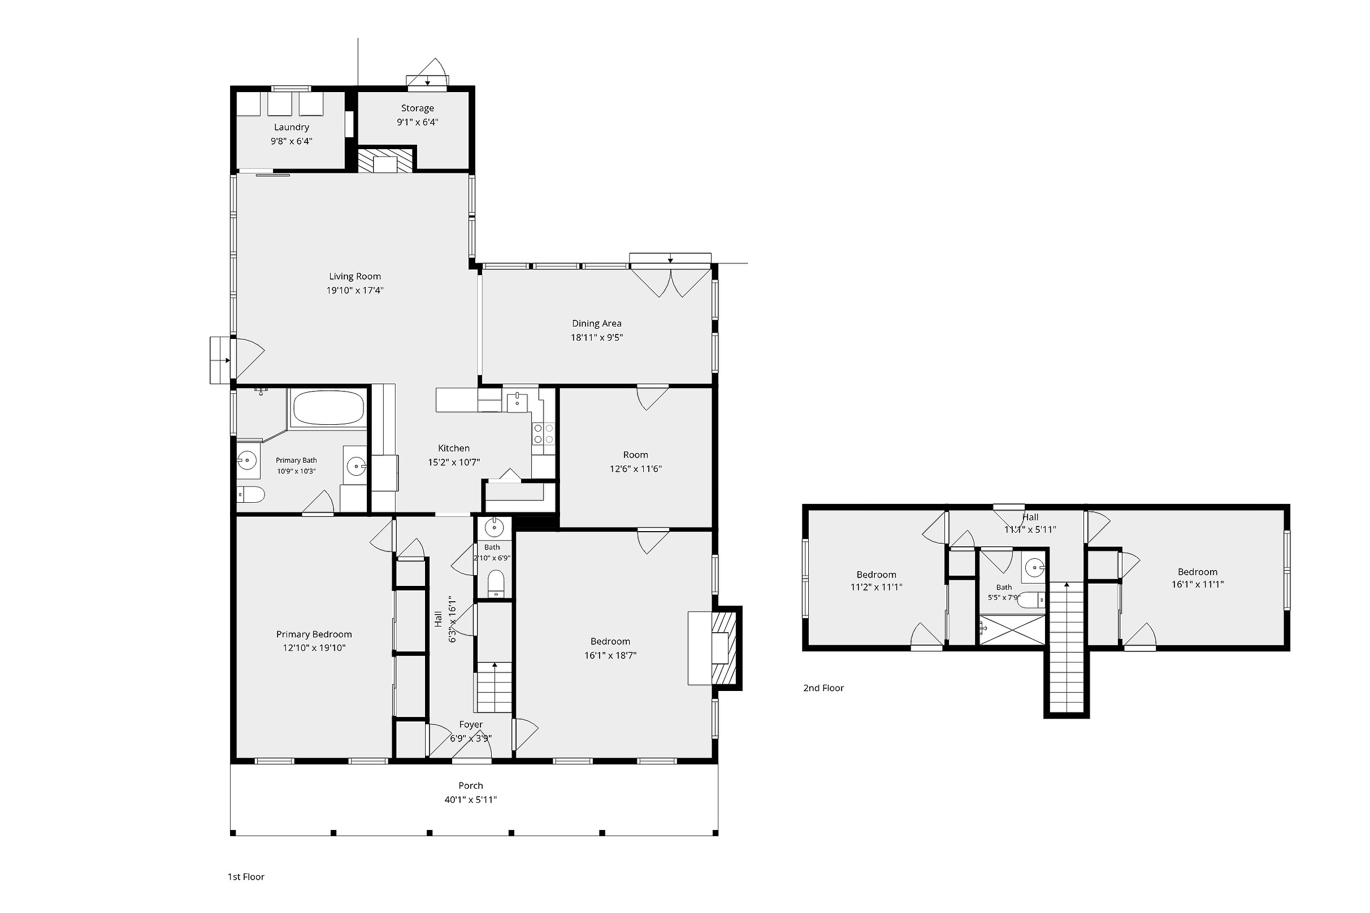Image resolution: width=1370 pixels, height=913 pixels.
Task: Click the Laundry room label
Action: [x=291, y=127]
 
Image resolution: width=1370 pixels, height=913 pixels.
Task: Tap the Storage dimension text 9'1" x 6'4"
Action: [x=418, y=122]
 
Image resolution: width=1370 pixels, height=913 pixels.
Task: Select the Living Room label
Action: [x=355, y=277]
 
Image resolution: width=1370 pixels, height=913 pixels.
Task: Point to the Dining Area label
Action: [x=596, y=324]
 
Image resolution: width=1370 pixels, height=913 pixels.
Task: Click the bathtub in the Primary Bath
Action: [x=328, y=407]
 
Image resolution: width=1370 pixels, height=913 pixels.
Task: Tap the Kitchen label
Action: [x=454, y=449]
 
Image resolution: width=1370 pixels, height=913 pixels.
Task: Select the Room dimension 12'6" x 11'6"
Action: [x=635, y=469]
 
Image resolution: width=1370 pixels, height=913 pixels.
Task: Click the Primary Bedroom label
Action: [x=314, y=634]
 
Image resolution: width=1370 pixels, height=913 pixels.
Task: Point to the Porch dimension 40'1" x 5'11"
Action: [x=471, y=799]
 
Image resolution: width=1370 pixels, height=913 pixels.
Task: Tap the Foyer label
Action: [x=471, y=724]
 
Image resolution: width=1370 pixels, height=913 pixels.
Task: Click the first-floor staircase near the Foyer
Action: [x=495, y=688]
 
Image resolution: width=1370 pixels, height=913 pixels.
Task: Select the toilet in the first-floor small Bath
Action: [x=495, y=584]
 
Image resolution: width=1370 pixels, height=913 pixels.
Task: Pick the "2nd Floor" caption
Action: [x=823, y=688]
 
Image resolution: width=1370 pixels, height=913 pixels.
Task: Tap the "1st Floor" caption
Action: [x=246, y=876]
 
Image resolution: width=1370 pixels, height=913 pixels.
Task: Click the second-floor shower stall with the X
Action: [x=1012, y=629]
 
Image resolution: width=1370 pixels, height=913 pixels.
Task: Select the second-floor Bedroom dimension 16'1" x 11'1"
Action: [x=1198, y=584]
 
